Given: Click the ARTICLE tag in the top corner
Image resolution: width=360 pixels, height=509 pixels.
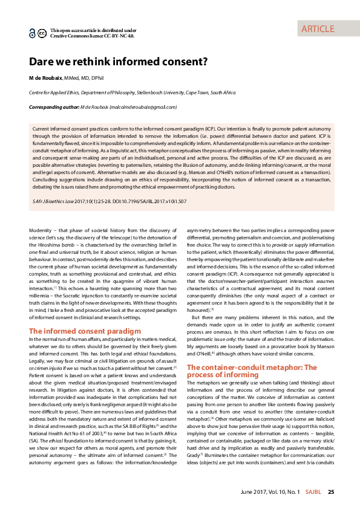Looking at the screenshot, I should coord(317,28).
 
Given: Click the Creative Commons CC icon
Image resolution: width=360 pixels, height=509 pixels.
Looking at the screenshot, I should coord(41,33).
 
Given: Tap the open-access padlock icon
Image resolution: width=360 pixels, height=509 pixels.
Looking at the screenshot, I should coord(32,34).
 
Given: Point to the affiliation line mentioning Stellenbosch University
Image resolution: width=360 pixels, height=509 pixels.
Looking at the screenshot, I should coord(133,93).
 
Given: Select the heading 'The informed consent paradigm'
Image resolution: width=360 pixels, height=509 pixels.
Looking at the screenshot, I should coord(85,331).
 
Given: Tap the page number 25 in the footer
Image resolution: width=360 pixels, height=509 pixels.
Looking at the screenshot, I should coord(331,492).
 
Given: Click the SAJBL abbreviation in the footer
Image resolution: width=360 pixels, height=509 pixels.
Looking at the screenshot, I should coord(313,492).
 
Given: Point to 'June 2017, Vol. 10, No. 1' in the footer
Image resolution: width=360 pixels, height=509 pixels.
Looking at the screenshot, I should coord(269,492).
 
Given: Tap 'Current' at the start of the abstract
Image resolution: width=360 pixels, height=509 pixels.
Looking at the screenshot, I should coord(43,129).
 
